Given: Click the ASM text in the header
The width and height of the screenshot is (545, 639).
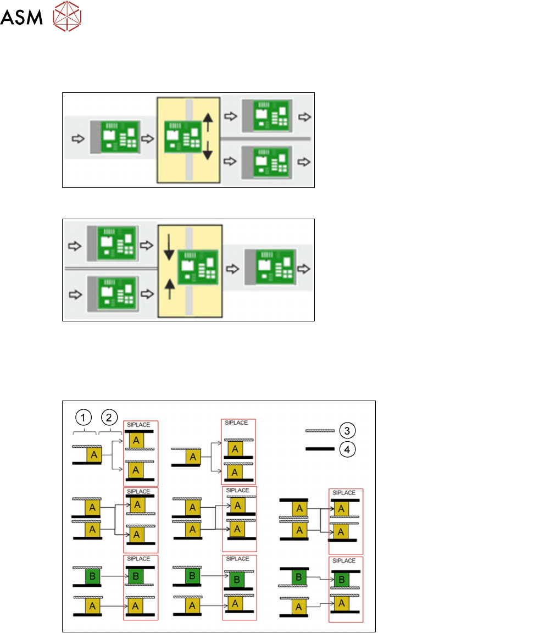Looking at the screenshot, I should click(x=21, y=19).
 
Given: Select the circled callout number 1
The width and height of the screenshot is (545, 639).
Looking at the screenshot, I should click(x=84, y=418).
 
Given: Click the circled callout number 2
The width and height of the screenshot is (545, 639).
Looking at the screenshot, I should click(x=109, y=418).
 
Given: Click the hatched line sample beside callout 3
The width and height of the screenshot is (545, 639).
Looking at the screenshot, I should click(x=320, y=430).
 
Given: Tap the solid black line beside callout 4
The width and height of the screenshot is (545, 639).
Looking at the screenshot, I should click(x=320, y=449).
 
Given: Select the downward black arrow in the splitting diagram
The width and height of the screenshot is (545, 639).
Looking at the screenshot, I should click(x=208, y=149).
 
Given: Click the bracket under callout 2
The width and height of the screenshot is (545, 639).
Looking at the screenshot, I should click(x=109, y=432).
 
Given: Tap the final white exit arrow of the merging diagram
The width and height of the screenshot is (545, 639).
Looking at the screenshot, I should click(x=304, y=269).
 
